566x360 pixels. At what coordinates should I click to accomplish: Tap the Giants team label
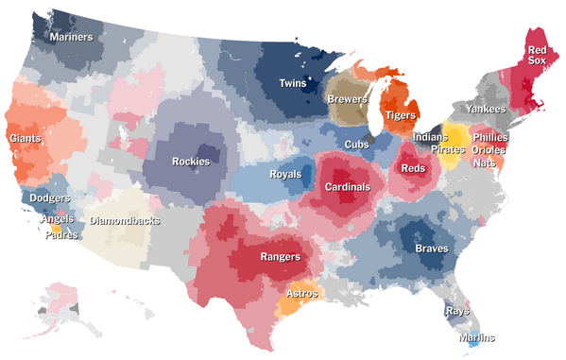point(26,138)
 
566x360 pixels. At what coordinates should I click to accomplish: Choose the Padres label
point(60,235)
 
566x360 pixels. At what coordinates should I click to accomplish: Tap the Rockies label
point(192,161)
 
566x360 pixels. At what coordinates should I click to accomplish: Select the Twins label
point(292,84)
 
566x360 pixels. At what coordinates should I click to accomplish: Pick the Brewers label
point(348,99)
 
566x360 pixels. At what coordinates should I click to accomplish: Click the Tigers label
point(401,115)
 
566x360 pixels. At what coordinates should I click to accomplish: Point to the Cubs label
point(357,144)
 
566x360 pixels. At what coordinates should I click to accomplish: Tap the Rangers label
point(280,256)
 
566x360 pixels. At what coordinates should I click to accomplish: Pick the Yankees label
point(486,110)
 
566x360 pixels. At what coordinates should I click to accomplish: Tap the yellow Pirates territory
point(455,138)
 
